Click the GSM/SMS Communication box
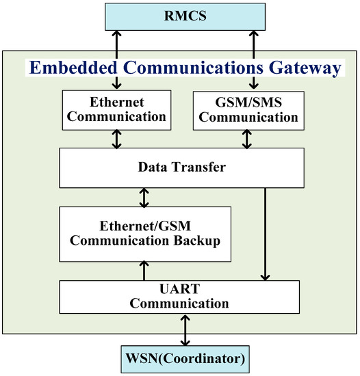255,109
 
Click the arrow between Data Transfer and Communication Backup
143,198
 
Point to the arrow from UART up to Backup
143,271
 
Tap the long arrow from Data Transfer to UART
263,232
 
